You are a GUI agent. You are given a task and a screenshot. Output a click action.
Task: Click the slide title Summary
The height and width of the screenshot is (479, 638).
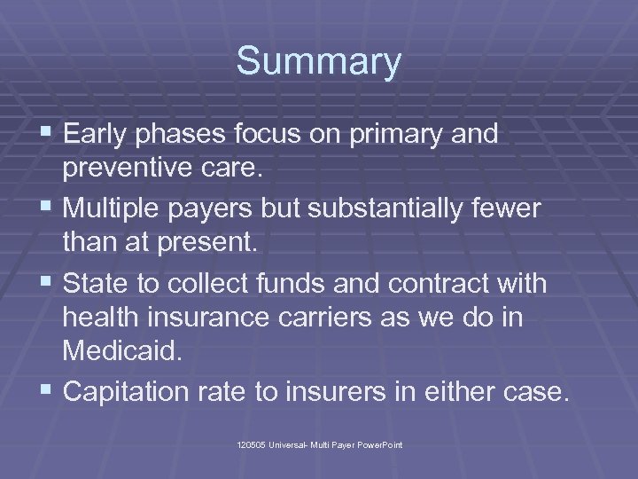[x=319, y=62]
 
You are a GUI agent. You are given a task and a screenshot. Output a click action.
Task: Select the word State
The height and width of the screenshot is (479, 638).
[x=93, y=285]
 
